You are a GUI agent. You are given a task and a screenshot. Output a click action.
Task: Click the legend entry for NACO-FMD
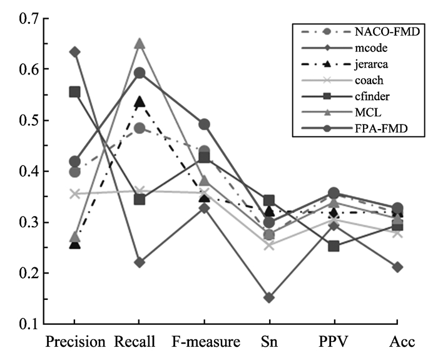[x=369, y=30]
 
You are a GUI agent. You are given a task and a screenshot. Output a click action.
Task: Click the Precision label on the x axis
[x=75, y=343]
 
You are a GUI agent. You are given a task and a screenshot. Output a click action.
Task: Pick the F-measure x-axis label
[x=204, y=343]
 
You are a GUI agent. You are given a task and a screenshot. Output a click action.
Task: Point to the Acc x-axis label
[x=397, y=343]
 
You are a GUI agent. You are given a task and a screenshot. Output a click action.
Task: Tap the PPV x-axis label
[x=333, y=343]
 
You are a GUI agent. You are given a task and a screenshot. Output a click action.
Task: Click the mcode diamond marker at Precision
[x=75, y=51]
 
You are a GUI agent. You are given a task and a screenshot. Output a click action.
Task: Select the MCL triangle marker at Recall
[x=140, y=44]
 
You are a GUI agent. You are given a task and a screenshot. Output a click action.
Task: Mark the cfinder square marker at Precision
[x=75, y=92]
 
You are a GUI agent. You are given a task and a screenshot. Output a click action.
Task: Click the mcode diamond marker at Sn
[x=268, y=297]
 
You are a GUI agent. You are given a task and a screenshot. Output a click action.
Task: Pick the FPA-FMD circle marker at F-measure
[x=204, y=125]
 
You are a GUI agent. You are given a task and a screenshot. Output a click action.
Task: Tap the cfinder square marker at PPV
[x=333, y=246]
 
